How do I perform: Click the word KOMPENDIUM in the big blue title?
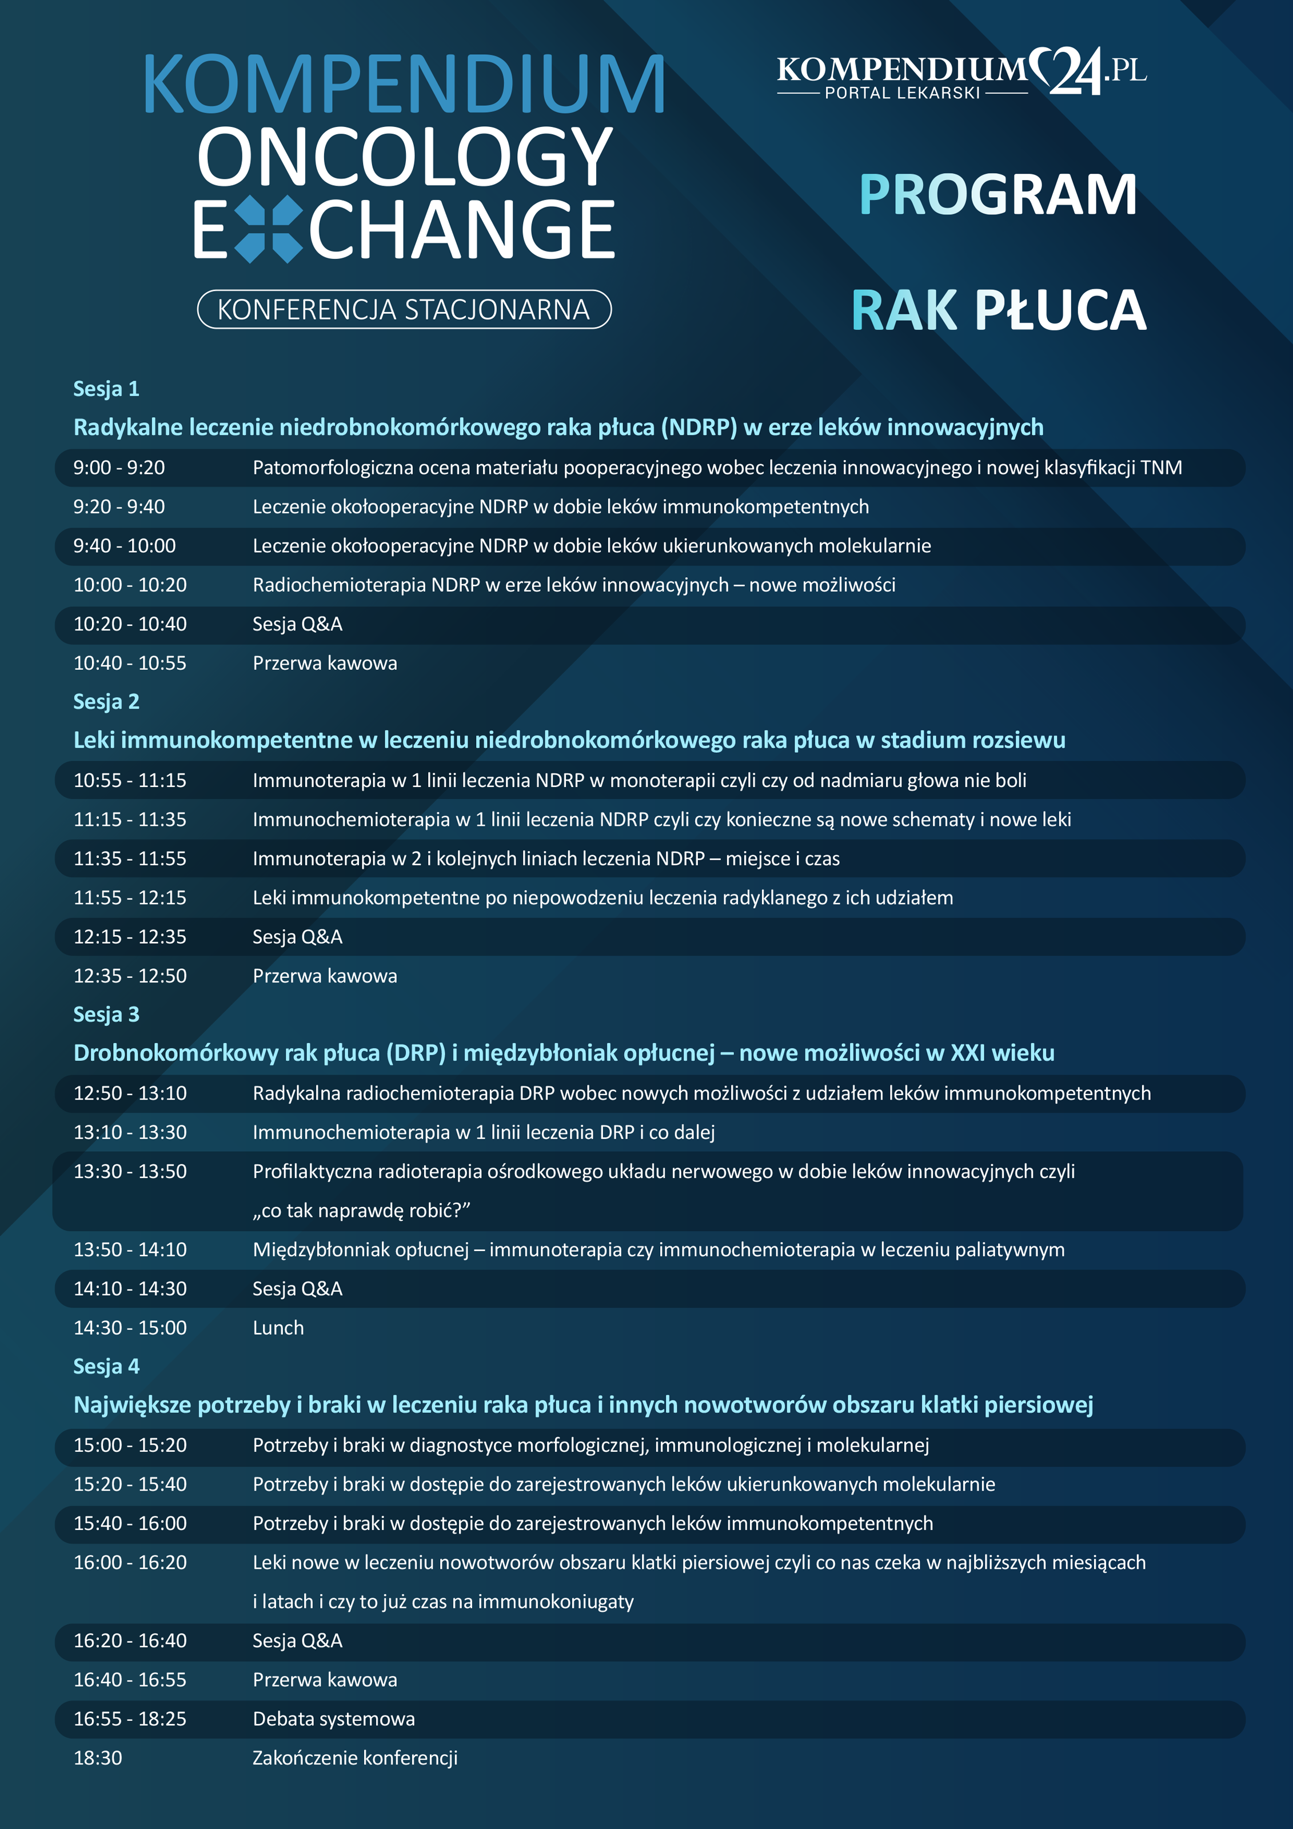(x=403, y=85)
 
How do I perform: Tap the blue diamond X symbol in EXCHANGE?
(x=270, y=229)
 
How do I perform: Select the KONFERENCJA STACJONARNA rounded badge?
(x=404, y=309)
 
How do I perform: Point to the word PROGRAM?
(x=997, y=195)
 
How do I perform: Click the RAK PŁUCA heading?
(x=998, y=311)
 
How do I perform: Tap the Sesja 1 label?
(x=106, y=389)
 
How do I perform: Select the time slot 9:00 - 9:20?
(x=119, y=468)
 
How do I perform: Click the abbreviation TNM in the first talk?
(x=1161, y=468)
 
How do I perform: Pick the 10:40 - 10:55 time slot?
(x=130, y=663)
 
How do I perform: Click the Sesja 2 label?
(x=106, y=702)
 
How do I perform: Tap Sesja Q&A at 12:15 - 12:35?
(x=297, y=937)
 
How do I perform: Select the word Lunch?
(x=278, y=1328)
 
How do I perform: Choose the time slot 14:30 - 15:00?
(x=130, y=1328)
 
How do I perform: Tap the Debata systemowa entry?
(x=333, y=1719)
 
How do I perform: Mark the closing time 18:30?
(x=98, y=1758)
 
